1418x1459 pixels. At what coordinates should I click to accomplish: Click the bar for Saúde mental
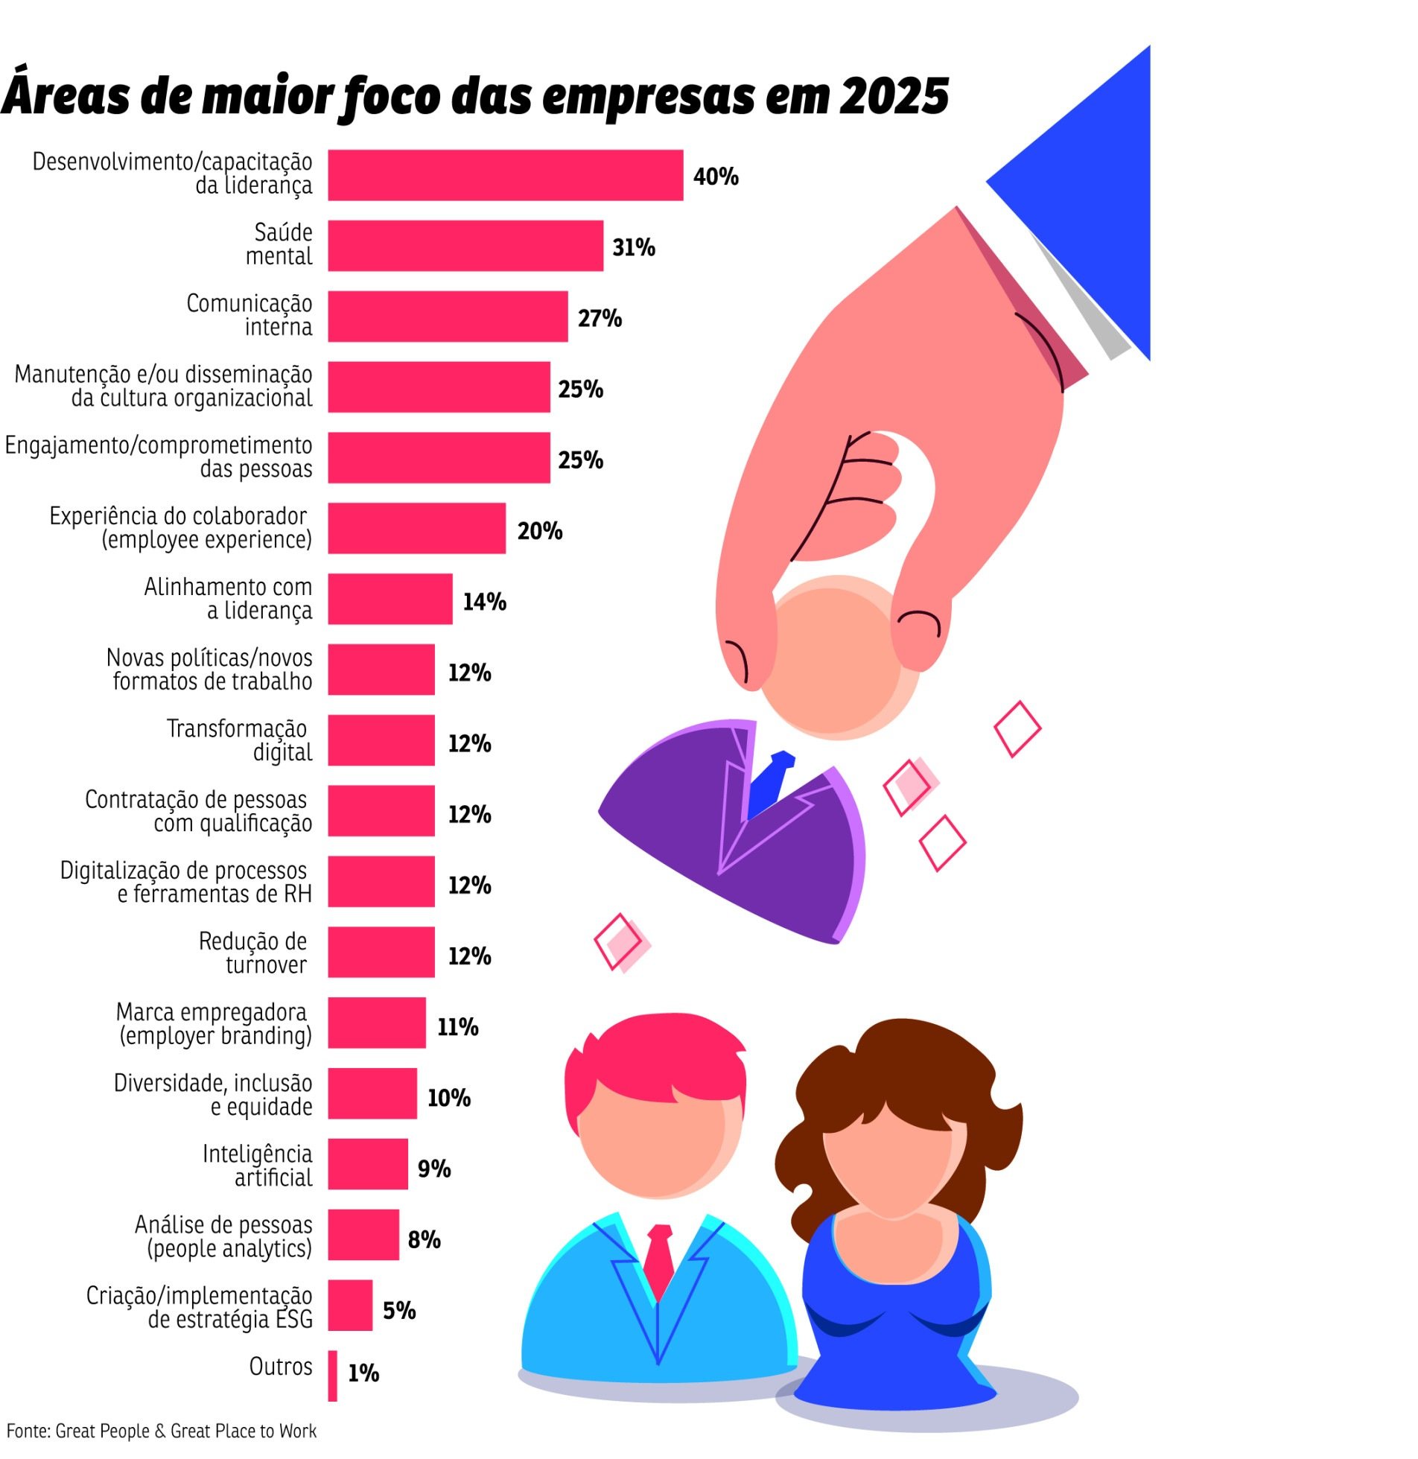tap(465, 246)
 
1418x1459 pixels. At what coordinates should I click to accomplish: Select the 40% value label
tap(715, 177)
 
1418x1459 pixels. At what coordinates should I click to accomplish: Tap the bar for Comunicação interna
tap(448, 317)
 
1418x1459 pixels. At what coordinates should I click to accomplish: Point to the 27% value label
tap(600, 318)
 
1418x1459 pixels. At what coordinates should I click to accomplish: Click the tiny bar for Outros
tap(332, 1375)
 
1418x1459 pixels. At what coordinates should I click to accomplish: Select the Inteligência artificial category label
tap(258, 1166)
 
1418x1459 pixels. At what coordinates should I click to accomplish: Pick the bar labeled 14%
tap(390, 599)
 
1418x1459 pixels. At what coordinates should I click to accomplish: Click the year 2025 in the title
tap(894, 97)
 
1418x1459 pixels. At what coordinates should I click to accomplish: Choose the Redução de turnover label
tap(253, 953)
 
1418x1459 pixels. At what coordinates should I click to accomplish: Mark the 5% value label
tap(399, 1310)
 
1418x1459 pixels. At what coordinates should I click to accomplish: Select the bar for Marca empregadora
tap(377, 1023)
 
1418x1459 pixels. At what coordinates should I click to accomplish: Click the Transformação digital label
tap(238, 740)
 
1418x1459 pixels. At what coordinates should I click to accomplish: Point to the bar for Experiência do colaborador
tap(416, 528)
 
